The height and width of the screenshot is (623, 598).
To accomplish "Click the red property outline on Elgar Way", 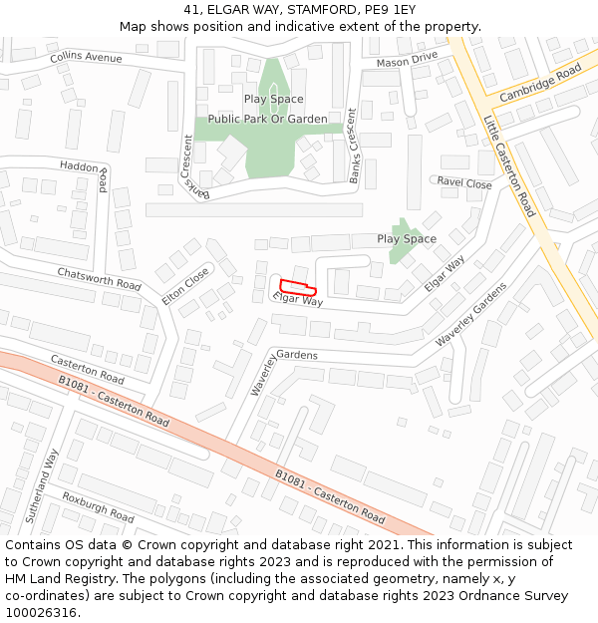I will (x=298, y=287).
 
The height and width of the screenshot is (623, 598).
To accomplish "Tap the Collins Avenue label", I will (x=86, y=58).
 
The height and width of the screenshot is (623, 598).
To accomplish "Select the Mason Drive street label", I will (x=407, y=62).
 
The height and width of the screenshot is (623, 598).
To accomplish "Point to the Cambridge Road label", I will (x=540, y=84).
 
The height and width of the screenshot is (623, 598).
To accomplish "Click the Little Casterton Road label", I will (x=509, y=165).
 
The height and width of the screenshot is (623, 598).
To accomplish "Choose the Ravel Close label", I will (x=464, y=183).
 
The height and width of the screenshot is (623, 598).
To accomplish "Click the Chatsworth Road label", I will (x=99, y=278).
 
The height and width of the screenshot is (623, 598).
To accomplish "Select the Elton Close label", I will (x=185, y=286).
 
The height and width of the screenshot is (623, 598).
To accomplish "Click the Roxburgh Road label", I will (x=98, y=507).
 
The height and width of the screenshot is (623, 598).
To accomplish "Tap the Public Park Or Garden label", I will (x=267, y=120).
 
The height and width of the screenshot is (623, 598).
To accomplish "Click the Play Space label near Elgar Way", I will (x=407, y=239).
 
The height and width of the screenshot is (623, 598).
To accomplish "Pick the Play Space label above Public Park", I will (x=273, y=100).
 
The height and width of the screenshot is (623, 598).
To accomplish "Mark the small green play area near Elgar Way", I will (x=401, y=242).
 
